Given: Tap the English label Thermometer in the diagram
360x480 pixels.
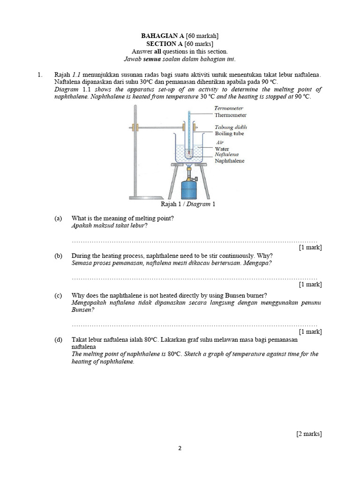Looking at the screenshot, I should click(230, 115).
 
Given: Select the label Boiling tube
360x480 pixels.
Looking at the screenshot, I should click(230, 134).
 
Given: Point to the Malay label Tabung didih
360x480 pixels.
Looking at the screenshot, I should click(231, 127).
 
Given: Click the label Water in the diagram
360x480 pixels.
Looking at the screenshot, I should click(222, 149).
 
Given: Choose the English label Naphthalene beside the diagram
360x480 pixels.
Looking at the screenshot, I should click(229, 161).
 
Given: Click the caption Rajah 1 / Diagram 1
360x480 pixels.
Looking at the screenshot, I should click(187, 204).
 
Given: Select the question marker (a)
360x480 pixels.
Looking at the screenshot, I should click(58, 218).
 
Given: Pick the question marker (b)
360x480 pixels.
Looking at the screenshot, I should click(58, 256).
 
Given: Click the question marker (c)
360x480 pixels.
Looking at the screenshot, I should click(58, 295).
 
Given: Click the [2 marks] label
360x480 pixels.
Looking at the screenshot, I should click(309, 434).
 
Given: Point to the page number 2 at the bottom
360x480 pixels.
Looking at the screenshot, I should click(180, 448).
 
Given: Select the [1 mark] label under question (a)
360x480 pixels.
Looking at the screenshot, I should click(310, 247).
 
